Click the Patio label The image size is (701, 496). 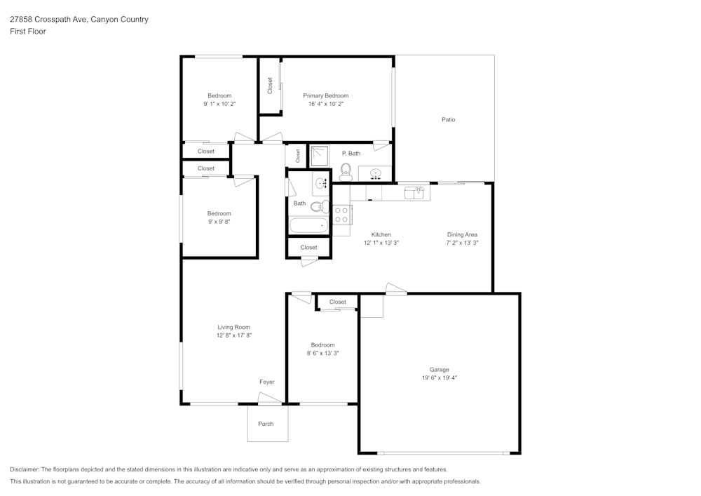pyautogui.click(x=448, y=119)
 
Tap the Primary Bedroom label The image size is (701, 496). pyautogui.click(x=325, y=95)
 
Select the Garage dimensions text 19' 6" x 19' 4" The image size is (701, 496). pyautogui.click(x=440, y=377)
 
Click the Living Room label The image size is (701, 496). pyautogui.click(x=233, y=327)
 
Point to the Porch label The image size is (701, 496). pyautogui.click(x=266, y=424)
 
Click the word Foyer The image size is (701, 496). pyautogui.click(x=266, y=382)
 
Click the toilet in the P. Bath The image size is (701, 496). pyautogui.click(x=346, y=170)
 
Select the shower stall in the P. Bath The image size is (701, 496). pyautogui.click(x=320, y=156)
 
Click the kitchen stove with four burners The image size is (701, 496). pyautogui.click(x=341, y=214)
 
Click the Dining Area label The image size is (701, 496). pyautogui.click(x=462, y=234)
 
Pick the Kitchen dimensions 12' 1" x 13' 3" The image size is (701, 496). pyautogui.click(x=381, y=243)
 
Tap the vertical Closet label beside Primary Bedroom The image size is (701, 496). pyautogui.click(x=270, y=86)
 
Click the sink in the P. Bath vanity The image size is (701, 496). pyautogui.click(x=375, y=173)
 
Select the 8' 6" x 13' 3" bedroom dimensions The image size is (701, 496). pyautogui.click(x=322, y=354)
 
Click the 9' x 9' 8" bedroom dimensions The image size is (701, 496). pyautogui.click(x=219, y=222)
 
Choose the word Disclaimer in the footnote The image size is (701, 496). pyautogui.click(x=25, y=469)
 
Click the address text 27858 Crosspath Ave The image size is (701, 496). pyautogui.click(x=48, y=20)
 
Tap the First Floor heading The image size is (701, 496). pyautogui.click(x=28, y=32)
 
